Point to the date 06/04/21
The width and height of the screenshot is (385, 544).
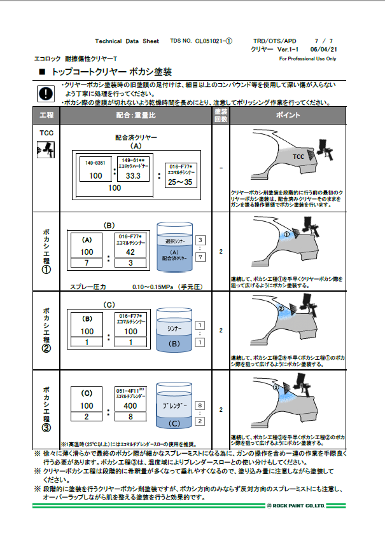pos(323,49)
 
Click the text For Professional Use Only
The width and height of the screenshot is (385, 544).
pos(307,58)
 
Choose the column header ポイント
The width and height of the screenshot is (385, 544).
pos(288,115)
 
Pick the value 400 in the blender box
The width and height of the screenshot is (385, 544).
pos(130,405)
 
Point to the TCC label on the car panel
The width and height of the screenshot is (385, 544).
pos(298,157)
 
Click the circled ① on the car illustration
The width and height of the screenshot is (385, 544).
pos(286,235)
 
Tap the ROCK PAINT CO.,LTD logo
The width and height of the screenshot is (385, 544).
pos(297,506)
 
